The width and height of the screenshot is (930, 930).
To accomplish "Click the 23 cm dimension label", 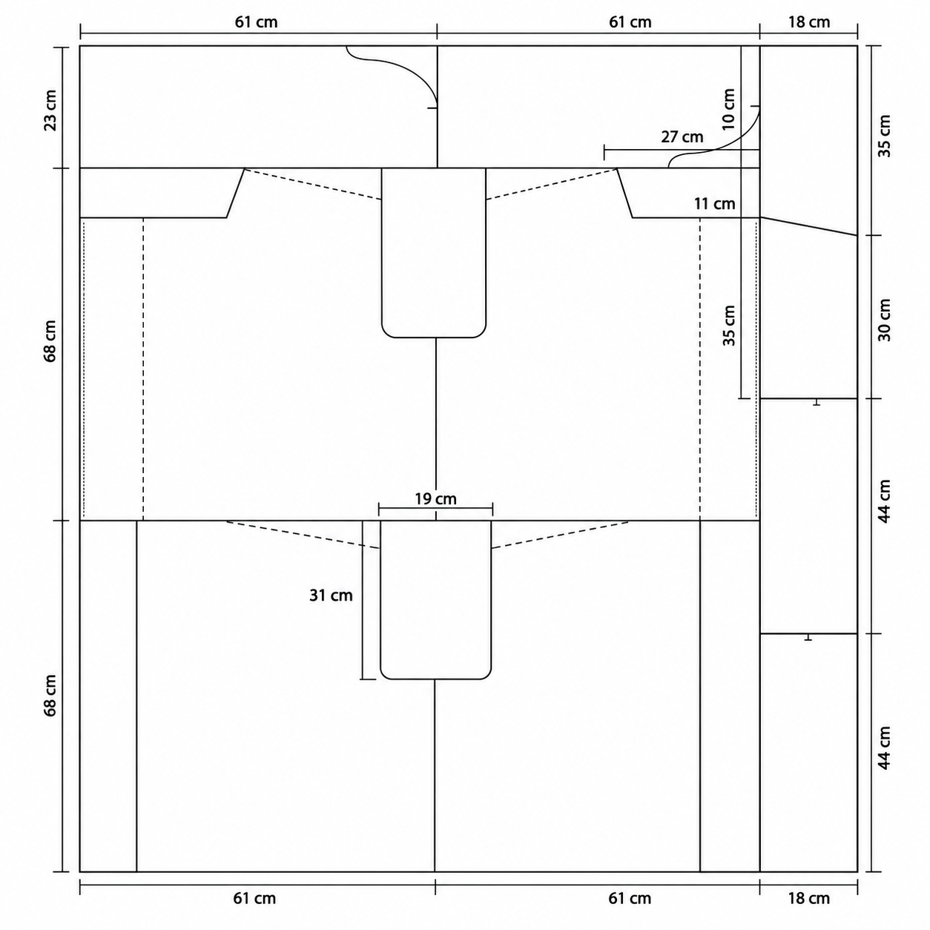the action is click(50, 110).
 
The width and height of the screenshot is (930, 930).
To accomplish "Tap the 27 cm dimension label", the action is click(682, 137).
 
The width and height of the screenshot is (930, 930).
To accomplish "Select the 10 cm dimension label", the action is click(729, 109).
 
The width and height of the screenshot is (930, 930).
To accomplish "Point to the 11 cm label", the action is click(715, 204).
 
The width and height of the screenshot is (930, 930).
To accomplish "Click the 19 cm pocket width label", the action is click(435, 498).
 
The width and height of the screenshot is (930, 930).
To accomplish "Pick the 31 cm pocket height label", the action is click(331, 596).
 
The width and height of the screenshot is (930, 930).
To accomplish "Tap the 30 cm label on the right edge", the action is click(884, 320).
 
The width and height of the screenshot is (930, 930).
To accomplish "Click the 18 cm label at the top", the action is click(809, 22).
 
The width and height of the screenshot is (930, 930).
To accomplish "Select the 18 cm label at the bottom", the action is click(809, 898).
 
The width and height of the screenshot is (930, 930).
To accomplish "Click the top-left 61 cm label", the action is click(257, 22).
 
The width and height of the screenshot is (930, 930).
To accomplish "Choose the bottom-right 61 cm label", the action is click(630, 898).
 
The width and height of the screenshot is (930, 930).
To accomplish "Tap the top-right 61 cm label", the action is click(630, 22).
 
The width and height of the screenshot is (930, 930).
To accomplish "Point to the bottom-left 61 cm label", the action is click(255, 898).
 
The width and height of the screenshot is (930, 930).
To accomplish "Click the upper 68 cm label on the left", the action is click(50, 341).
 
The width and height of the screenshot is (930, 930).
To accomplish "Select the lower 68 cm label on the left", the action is click(50, 696).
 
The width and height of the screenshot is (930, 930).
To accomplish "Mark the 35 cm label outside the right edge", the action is click(884, 136).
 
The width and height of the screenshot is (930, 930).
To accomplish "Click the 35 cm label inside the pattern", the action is click(729, 326).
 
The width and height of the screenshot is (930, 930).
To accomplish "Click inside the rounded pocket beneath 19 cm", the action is click(435, 599).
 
